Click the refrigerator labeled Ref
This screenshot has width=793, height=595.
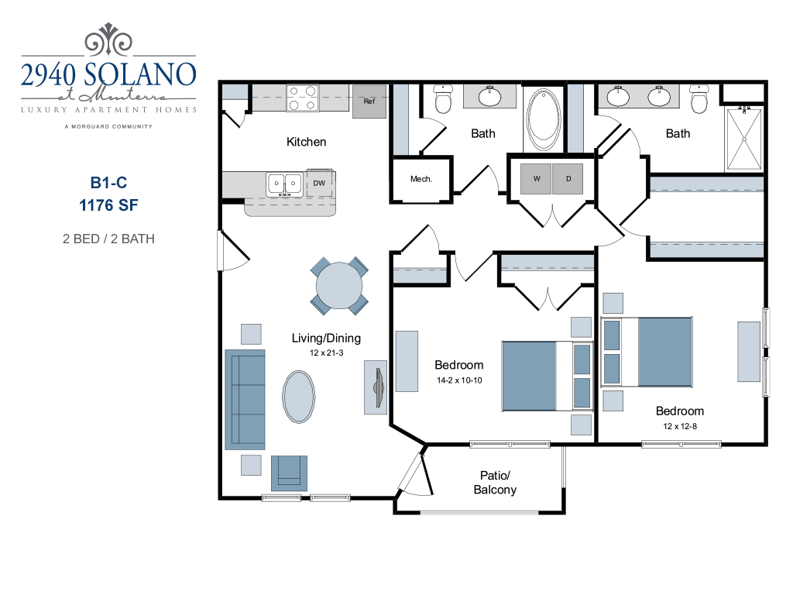coord(369,101)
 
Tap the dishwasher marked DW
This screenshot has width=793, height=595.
coord(319,184)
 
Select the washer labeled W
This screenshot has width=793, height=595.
coord(537,179)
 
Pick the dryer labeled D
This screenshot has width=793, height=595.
coord(568,179)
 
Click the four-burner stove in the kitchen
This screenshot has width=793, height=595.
coord(303,98)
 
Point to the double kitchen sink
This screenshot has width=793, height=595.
coord(284,184)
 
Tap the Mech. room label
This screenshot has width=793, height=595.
coord(421,179)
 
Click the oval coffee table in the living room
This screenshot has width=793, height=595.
coord(299,396)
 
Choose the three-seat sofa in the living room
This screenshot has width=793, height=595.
coord(244,399)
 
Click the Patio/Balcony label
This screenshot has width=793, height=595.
coord(495,483)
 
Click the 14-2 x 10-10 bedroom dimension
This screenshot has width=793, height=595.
coord(458,380)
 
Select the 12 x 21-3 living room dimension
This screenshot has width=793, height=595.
coord(326,353)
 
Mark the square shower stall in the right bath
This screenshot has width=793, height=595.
coord(743,139)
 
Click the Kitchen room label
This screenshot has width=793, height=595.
coord(306,142)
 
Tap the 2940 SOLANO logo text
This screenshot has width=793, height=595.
coord(108,74)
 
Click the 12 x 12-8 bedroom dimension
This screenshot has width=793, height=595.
coord(680,426)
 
